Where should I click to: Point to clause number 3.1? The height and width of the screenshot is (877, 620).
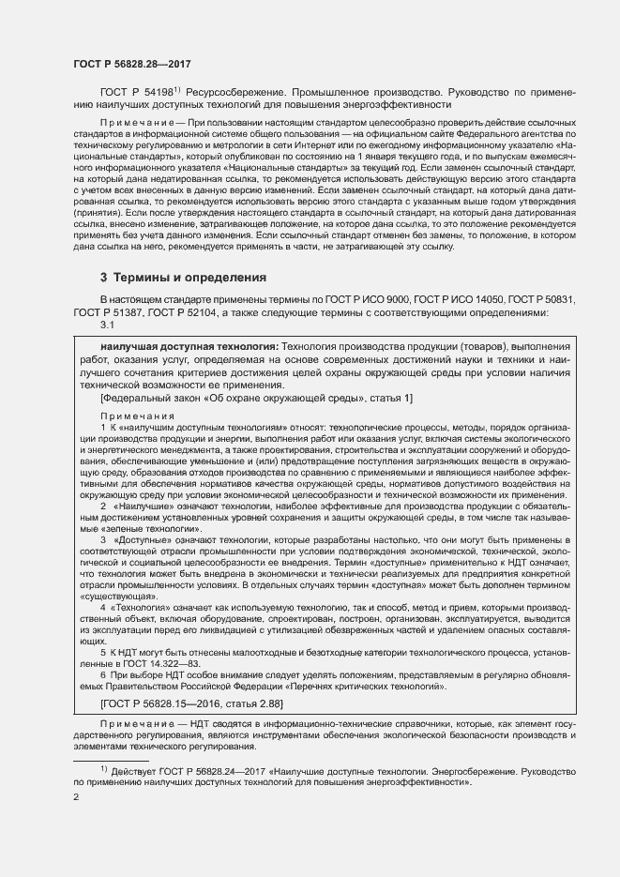click(107, 325)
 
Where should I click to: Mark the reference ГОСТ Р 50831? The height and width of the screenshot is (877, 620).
click(543, 299)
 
